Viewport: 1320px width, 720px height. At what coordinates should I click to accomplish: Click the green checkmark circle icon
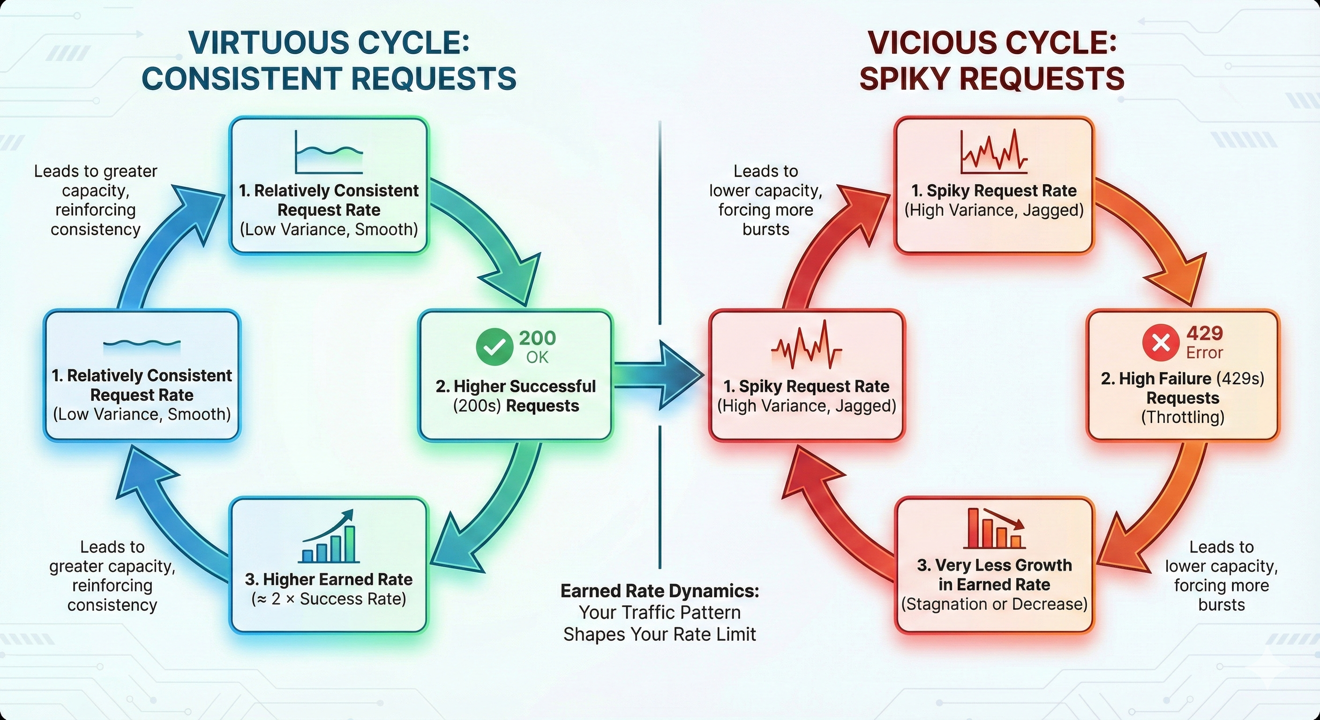(494, 346)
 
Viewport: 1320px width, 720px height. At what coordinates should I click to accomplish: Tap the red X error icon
(1161, 342)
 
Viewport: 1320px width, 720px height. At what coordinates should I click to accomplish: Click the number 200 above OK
(537, 337)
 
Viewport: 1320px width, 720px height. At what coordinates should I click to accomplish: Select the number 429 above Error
(1205, 334)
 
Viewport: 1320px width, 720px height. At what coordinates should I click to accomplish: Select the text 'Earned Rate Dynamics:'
(660, 591)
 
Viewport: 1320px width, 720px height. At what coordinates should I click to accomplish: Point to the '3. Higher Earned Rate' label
(329, 579)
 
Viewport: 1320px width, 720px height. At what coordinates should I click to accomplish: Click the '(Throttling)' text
(1183, 417)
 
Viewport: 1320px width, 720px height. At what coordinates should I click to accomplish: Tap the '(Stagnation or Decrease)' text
(994, 604)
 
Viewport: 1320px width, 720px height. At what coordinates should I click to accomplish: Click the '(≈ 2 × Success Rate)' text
(329, 599)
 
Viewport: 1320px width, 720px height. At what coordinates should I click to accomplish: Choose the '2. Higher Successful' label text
(516, 386)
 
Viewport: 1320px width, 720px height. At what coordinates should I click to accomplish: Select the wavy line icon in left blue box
(142, 343)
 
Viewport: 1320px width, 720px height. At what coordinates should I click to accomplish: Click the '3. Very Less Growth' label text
(994, 565)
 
